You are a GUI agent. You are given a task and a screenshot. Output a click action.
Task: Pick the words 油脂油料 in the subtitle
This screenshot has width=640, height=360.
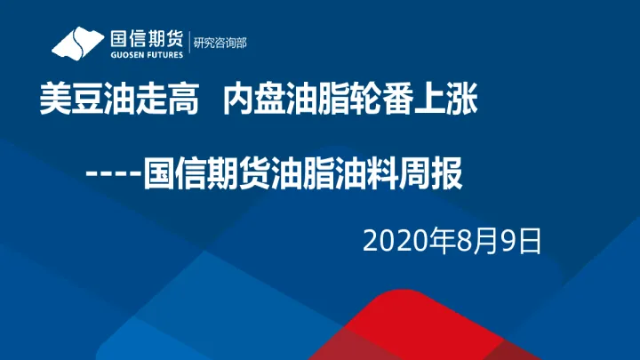click(x=334, y=171)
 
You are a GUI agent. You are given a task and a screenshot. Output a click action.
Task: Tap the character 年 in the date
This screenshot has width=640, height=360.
click(x=438, y=241)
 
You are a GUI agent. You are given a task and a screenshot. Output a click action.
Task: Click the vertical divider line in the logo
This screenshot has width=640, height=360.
click(x=190, y=43)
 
